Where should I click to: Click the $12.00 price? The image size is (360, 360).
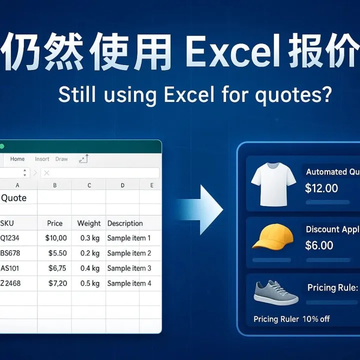[x=321, y=188]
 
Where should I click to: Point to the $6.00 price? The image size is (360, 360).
[x=319, y=245]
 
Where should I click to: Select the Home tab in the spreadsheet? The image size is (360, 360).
[x=17, y=159]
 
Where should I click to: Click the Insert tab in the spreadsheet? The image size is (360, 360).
[x=42, y=159]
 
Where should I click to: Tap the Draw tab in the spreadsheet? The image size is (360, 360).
[x=61, y=159]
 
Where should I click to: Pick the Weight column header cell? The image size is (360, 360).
[x=89, y=223]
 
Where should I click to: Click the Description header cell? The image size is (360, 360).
[x=125, y=223]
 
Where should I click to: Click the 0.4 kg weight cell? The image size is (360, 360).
[x=89, y=268]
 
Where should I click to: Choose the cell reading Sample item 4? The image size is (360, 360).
[x=129, y=283]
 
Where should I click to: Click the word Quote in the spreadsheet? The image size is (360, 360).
[x=13, y=198]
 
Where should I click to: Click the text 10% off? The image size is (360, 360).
[x=316, y=319]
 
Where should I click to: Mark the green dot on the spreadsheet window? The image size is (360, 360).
[x=1, y=146]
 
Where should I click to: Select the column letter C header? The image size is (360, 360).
[x=89, y=185]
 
